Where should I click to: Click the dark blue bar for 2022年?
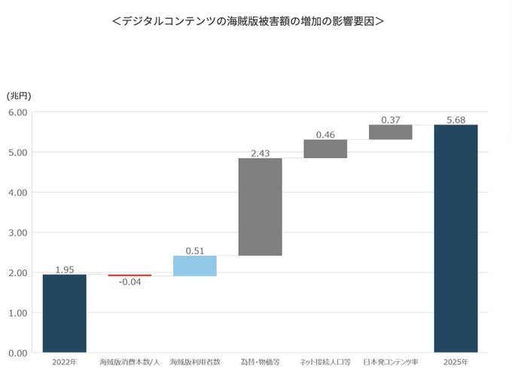64,313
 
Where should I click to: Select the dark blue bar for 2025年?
456,238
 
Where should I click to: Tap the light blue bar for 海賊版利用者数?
195,266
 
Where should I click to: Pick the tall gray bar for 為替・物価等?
260,207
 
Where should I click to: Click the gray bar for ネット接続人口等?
325,149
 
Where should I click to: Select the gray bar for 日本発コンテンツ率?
390,132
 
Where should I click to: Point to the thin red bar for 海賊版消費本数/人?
130,275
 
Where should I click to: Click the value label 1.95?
64,269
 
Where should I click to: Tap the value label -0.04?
130,283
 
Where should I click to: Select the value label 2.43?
261,154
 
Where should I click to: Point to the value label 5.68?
456,120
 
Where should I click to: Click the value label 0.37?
390,120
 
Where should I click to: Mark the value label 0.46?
325,135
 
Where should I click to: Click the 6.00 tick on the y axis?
18,113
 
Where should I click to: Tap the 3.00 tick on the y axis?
18,233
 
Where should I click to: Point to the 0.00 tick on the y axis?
18,352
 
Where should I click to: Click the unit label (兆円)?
19,96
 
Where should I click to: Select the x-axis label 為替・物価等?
260,363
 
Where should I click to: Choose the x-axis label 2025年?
456,363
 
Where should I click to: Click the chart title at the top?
248,21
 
